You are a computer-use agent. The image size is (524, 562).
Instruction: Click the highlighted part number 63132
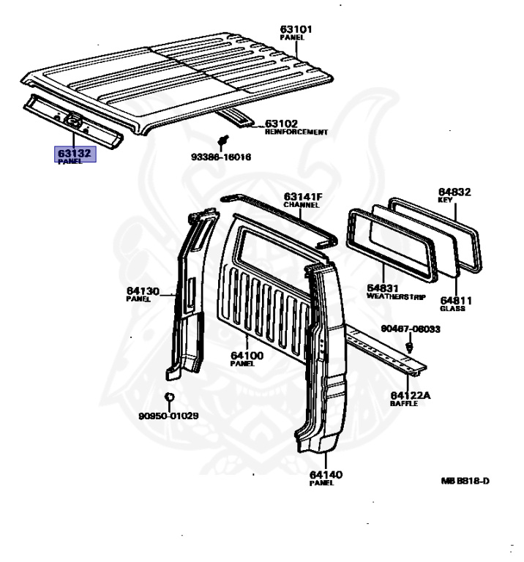point(75,153)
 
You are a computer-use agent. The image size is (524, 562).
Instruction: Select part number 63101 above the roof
point(296,29)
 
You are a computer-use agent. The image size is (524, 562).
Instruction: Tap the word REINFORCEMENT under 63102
point(296,132)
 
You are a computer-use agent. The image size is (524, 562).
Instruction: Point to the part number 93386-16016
point(222,157)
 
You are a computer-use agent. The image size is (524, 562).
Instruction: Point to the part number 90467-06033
point(410,329)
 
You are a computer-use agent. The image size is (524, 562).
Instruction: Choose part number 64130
point(142,291)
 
